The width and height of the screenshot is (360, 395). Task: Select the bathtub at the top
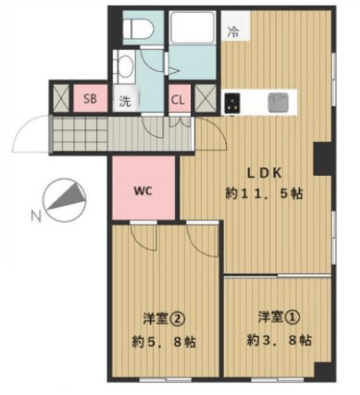192,27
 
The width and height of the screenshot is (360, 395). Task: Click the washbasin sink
124,67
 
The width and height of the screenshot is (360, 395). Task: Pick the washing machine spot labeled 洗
125,101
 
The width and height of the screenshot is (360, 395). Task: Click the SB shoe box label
90,99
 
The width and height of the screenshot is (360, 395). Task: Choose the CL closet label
178,100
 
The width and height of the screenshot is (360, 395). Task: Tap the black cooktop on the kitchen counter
232,102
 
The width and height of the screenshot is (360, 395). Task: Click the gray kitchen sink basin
278,102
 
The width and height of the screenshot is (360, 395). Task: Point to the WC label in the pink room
143,191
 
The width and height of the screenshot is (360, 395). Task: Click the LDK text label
264,173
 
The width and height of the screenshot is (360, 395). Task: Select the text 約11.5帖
264,194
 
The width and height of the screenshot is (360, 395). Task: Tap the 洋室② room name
164,319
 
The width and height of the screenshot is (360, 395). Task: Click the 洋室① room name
279,317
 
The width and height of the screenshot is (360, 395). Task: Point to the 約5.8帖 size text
164,342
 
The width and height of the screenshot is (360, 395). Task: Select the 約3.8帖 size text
279,340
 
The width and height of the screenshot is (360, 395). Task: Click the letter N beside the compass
36,216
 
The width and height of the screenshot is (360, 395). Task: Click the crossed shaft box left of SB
61,98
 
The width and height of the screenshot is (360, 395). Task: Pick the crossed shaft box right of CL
206,98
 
